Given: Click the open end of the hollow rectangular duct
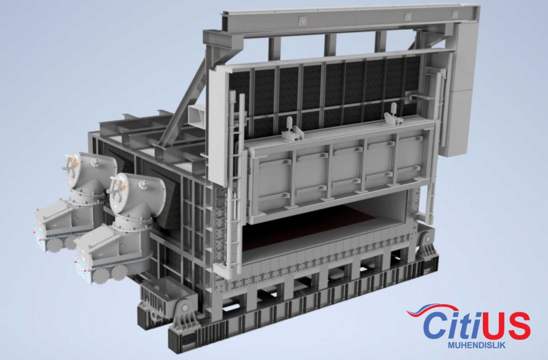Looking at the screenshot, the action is point(196,115).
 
